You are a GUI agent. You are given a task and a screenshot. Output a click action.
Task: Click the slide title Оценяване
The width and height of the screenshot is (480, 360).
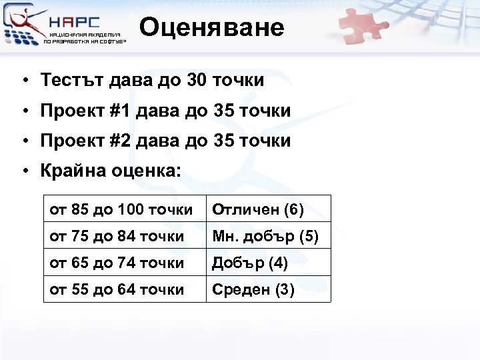(212, 27)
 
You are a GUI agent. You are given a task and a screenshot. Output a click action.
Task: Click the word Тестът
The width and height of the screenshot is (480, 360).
(68, 81)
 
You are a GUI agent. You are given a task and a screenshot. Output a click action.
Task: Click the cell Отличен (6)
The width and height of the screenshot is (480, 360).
(257, 211)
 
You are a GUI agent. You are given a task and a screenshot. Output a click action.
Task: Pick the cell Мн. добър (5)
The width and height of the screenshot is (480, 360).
(265, 237)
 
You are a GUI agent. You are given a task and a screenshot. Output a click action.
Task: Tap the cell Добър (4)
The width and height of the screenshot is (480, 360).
(249, 263)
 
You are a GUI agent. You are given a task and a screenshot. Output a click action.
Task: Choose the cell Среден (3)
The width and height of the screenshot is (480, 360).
(253, 290)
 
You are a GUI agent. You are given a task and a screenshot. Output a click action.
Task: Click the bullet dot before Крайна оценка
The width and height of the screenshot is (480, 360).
(23, 171)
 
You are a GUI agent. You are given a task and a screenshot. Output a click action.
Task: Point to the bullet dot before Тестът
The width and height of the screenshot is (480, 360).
(23, 81)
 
